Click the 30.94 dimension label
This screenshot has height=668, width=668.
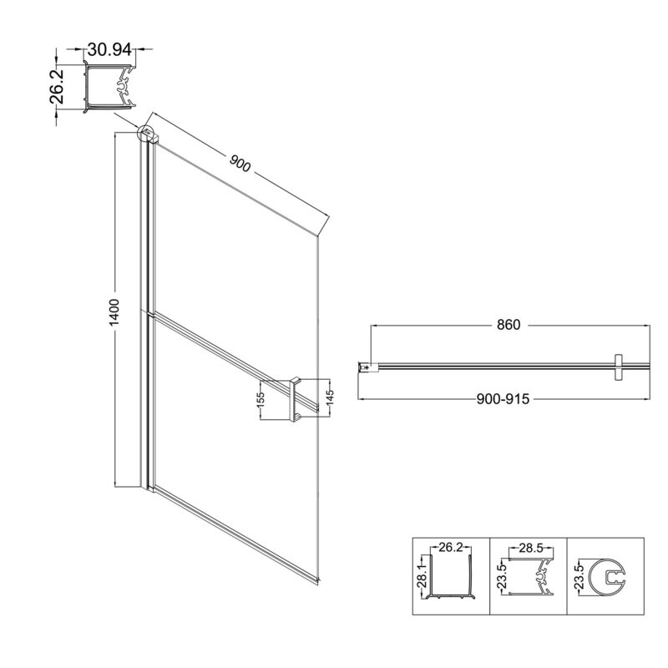[109, 50]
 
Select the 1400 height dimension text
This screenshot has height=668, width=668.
[114, 312]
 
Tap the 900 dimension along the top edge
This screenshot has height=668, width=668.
[240, 163]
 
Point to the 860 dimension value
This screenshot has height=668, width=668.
[509, 325]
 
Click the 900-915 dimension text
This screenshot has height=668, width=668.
[503, 399]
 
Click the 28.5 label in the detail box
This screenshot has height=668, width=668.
[531, 548]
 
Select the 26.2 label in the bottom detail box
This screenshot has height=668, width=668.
[450, 547]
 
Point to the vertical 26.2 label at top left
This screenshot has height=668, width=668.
[57, 87]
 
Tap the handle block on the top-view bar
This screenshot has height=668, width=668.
[618, 367]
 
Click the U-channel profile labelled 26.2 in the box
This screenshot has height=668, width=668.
[451, 576]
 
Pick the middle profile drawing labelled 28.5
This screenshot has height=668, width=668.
[532, 576]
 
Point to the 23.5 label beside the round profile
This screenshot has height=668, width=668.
[578, 576]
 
